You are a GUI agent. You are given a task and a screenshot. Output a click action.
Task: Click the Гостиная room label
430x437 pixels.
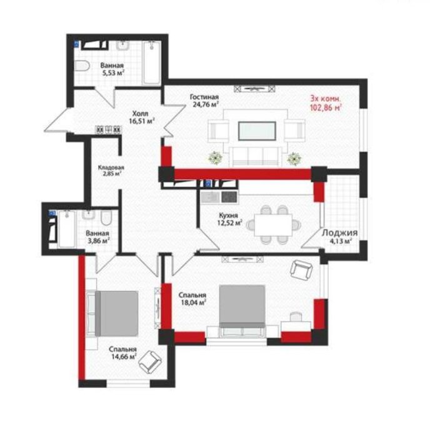[x=204, y=97]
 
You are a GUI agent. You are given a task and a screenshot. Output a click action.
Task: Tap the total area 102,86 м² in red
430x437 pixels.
[x=326, y=107]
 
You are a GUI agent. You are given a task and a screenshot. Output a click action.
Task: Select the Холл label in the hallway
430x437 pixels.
[x=140, y=114]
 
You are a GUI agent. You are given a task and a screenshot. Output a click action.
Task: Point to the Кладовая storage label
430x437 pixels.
[x=111, y=168]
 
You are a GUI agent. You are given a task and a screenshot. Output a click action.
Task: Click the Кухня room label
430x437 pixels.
[x=229, y=215]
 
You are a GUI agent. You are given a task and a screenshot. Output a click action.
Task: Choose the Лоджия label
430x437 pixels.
[x=339, y=233]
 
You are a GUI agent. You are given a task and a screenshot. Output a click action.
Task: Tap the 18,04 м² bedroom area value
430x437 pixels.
[x=194, y=302]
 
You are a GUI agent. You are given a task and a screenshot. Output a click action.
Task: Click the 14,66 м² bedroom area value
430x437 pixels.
[x=124, y=356]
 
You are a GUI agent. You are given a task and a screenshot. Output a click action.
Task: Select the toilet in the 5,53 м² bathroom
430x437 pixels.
[x=82, y=66]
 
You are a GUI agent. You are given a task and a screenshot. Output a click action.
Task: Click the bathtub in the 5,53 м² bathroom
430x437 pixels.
[x=152, y=63]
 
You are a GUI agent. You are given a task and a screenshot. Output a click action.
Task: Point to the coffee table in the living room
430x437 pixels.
[x=257, y=131]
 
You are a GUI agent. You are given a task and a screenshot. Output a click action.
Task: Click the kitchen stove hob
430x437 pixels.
[x=229, y=197]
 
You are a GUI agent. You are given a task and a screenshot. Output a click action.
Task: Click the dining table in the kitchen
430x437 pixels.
[x=273, y=225]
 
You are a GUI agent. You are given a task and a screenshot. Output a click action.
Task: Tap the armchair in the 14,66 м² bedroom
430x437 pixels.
[x=150, y=362]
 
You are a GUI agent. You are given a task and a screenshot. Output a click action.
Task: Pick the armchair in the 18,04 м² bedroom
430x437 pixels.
[x=301, y=269]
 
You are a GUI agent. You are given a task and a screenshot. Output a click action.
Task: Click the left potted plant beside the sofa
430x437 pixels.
[x=216, y=158]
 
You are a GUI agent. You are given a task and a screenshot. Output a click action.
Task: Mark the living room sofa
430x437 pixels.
[x=256, y=157]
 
